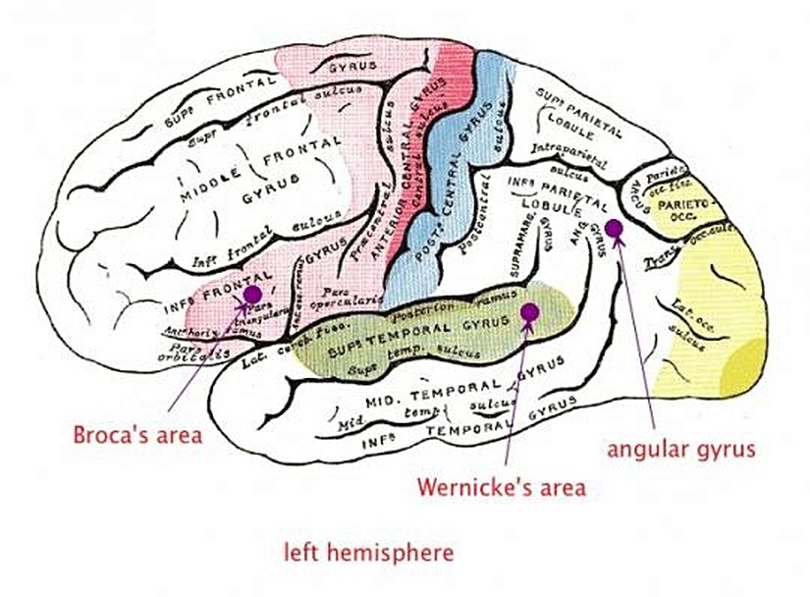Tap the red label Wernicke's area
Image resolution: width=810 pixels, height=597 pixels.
click(501, 486)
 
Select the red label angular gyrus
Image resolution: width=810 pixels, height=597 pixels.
click(680, 450)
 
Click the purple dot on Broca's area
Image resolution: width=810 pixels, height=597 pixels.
click(251, 294)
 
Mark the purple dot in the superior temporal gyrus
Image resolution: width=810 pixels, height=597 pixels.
click(530, 312)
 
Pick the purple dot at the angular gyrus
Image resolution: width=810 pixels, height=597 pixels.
click(614, 229)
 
